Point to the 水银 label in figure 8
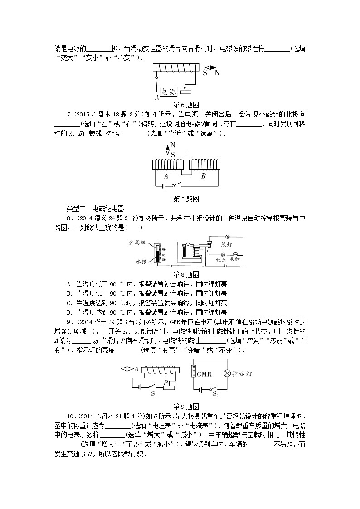140,262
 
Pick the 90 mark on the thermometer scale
164,250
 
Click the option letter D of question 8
69,312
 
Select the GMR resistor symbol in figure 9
193,373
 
